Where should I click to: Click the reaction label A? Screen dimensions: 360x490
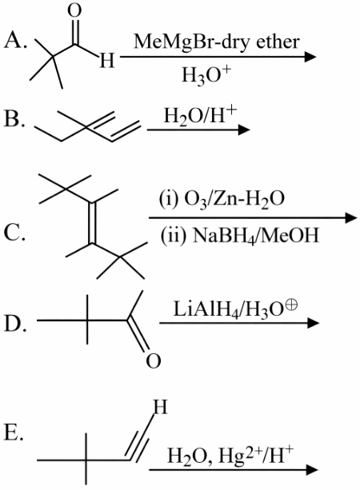point(14,41)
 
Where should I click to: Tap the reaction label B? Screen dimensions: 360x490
point(14,119)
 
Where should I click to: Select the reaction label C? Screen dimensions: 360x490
point(14,233)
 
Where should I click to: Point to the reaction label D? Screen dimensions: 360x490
point(14,324)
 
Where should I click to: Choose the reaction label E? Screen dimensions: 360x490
point(14,432)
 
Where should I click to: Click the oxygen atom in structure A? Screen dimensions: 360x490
point(74,11)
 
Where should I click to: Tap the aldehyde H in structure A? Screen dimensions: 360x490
point(107,61)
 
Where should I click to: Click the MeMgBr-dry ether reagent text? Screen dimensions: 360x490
point(217,42)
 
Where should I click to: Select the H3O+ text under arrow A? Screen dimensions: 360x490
point(206,76)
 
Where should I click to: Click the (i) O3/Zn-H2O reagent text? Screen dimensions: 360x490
point(222,199)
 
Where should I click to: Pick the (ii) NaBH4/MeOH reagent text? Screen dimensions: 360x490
point(240,236)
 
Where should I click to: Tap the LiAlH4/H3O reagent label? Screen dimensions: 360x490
point(235,309)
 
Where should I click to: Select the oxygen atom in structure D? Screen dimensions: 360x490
point(154,361)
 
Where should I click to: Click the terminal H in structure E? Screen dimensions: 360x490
point(161,407)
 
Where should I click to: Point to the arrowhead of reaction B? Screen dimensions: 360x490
point(244,129)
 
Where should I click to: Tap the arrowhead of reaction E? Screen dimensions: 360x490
point(312,469)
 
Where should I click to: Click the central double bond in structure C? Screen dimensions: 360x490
point(93,223)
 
